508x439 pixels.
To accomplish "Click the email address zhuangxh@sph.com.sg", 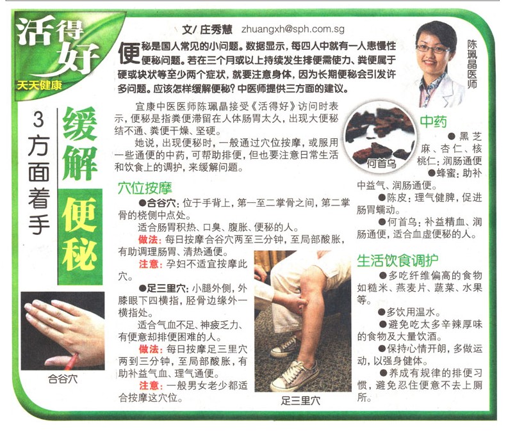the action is coord(293,29).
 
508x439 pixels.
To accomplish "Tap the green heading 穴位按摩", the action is coord(145,188).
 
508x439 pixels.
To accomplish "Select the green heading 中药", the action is coord(433,122).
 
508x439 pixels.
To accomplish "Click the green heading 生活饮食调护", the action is coord(398,260).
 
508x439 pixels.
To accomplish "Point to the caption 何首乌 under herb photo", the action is coord(381,163).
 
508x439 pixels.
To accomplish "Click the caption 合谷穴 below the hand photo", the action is coord(63,379).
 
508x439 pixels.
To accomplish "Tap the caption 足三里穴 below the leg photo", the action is coord(300,401).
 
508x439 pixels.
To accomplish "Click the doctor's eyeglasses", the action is coord(432,49).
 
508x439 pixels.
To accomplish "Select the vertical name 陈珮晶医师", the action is coord(471,64).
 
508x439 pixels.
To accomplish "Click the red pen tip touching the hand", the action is coord(75,355).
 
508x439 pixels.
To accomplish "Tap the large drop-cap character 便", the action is coord(129,52).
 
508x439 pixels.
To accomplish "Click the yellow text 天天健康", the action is coord(39,86).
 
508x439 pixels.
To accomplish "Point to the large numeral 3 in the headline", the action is coord(38,120).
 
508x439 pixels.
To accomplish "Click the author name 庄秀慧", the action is coord(216,29).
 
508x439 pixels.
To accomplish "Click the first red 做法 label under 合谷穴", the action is coord(148,239).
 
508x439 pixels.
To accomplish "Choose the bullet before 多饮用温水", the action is coord(382,312).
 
